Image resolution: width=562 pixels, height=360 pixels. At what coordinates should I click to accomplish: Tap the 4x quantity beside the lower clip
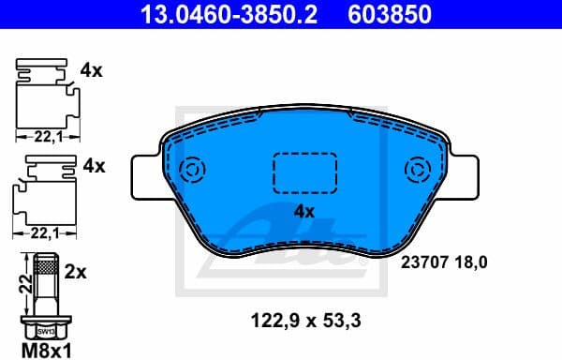[94, 166]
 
